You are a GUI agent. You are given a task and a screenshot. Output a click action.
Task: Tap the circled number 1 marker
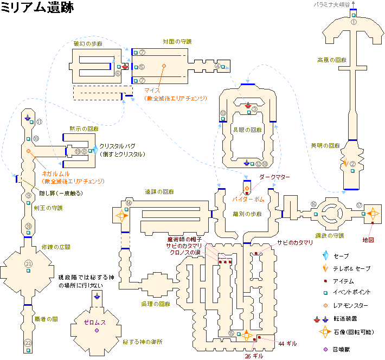coord(354,23)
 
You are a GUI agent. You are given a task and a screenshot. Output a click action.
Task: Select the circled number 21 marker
coord(28,263)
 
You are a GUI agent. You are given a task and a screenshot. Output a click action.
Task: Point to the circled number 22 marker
coord(28,343)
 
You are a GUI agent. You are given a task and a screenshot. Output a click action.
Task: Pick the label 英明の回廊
coord(325,146)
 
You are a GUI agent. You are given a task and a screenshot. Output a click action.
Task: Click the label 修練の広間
coord(56,247)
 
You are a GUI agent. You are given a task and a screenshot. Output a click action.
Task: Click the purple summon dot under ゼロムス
coord(97,330)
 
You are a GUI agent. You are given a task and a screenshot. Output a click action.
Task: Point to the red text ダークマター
coord(275,177)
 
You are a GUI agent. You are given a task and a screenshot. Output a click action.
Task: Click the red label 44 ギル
coord(288,343)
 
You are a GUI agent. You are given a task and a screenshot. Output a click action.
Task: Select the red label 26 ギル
coord(254,356)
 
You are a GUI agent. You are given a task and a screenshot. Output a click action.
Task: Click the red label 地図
coord(369,239)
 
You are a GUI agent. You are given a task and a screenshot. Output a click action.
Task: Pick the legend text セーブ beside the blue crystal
coord(342,256)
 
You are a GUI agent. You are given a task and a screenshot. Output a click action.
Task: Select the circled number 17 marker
coord(359,205)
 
